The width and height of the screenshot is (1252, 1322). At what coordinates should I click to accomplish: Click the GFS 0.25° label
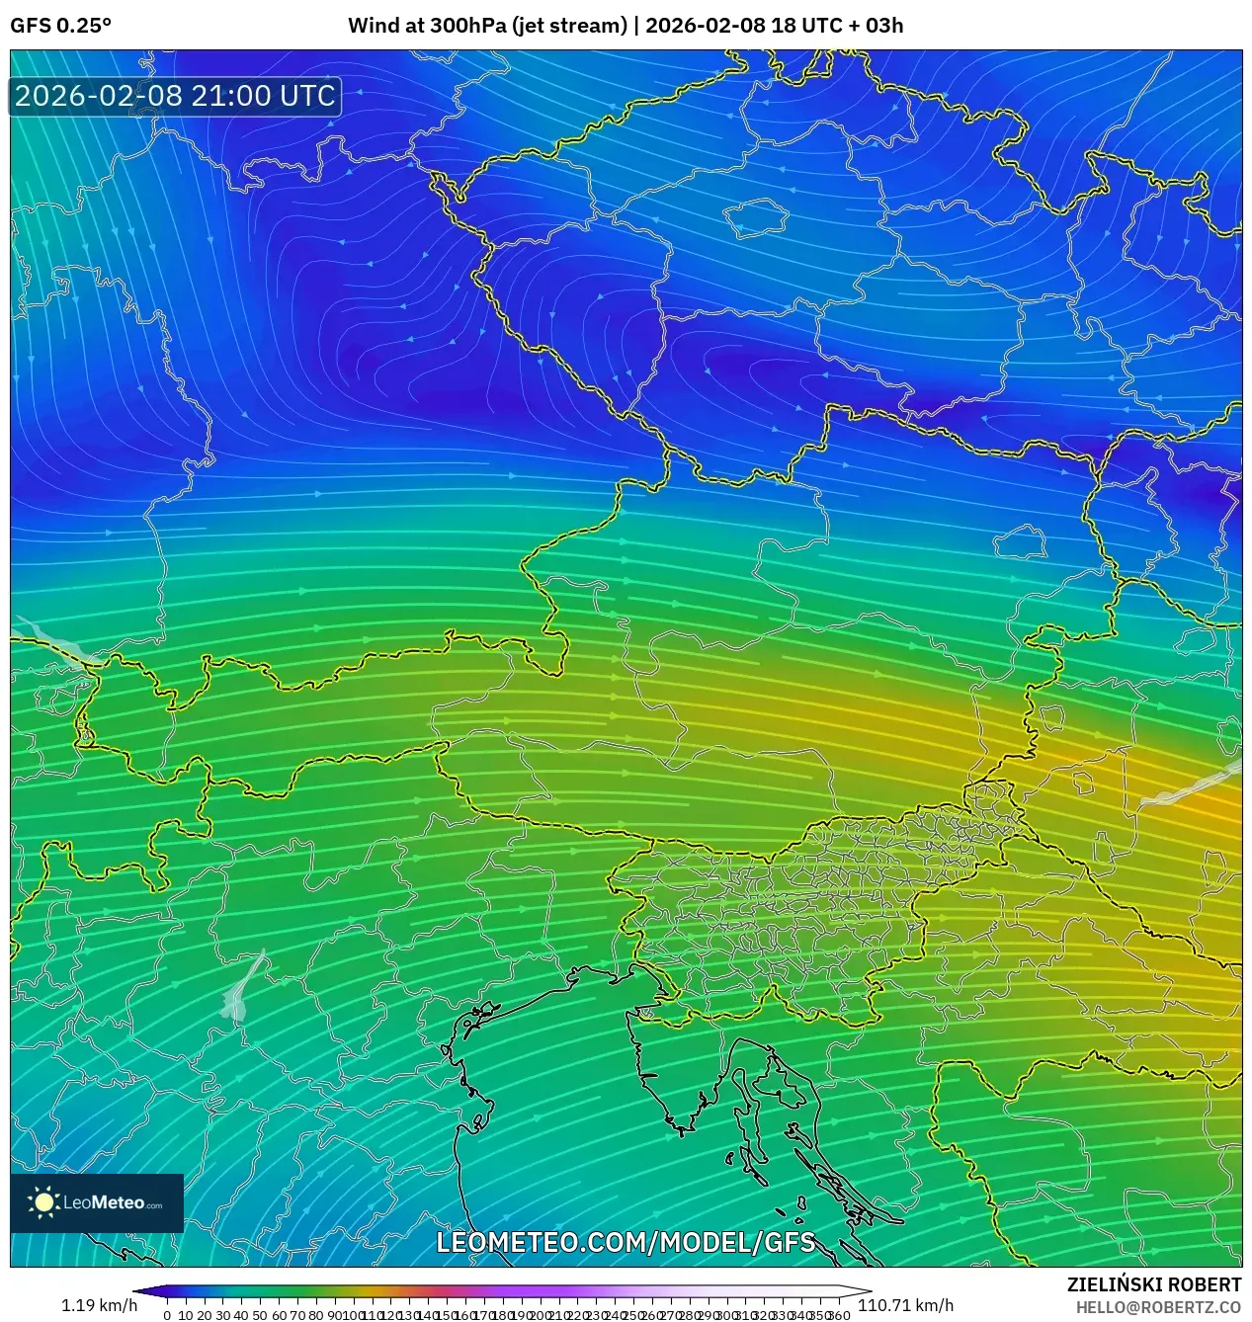point(60,26)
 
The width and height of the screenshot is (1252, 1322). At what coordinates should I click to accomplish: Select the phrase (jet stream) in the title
point(569,26)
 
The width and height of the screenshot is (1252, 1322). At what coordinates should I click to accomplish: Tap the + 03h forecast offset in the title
point(869,26)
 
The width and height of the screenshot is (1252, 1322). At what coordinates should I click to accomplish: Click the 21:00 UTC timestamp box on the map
point(175,96)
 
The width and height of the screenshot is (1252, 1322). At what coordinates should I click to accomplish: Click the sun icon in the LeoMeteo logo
point(43,1201)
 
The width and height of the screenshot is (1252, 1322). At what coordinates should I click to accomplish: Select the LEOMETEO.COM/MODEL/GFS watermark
point(626,1242)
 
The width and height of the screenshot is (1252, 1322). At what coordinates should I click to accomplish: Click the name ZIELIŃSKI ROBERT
point(1153,1284)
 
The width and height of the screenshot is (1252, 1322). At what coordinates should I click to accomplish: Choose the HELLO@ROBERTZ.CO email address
point(1158,1307)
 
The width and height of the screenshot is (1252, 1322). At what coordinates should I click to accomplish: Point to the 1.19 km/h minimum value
point(99,1305)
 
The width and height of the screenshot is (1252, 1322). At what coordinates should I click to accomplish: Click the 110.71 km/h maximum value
point(905,1305)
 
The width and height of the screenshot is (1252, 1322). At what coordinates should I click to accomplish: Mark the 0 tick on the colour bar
point(167,1315)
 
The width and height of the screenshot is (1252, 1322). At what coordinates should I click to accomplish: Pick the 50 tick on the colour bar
point(259,1315)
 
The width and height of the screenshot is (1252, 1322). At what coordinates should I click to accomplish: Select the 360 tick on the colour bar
point(839,1315)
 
